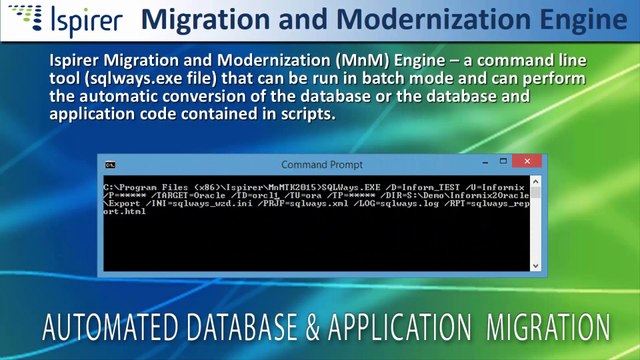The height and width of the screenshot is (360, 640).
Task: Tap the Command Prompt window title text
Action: pyautogui.click(x=322, y=164)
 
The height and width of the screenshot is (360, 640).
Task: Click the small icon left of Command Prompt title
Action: pyautogui.click(x=111, y=164)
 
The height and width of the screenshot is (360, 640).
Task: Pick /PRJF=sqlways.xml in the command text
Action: pyautogui.click(x=306, y=203)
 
